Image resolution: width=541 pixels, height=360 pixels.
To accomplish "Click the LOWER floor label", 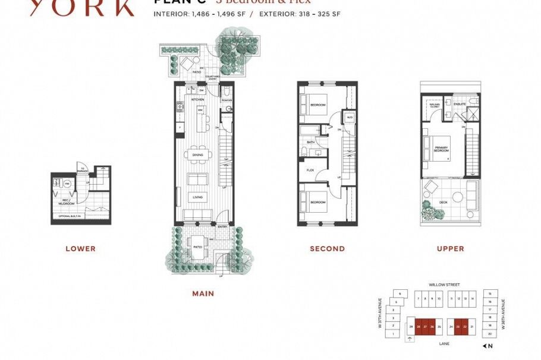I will [x=80, y=249].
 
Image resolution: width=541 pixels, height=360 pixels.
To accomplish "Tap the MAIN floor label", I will [x=203, y=293].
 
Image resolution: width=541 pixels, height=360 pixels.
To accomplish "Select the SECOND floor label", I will [x=327, y=249].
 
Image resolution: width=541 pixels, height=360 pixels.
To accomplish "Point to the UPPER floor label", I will [x=450, y=249].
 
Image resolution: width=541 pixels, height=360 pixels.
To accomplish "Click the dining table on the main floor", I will [x=197, y=155].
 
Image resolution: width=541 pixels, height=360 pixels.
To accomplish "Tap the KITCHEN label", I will [x=197, y=100].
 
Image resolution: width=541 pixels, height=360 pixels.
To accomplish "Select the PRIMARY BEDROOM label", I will [x=441, y=149].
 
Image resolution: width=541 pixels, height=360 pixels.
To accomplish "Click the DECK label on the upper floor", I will [x=443, y=203].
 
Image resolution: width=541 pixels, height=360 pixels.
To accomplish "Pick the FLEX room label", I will [x=310, y=170].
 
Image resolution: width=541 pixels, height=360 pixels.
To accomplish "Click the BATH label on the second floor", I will [x=310, y=143].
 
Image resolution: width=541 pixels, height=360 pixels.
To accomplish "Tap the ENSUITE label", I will [x=460, y=104].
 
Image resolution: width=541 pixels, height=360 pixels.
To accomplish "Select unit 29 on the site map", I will [x=411, y=327].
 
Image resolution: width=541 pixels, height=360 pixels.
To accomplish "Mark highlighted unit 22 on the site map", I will [x=465, y=327].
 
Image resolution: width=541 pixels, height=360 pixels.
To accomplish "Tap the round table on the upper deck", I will [x=457, y=197].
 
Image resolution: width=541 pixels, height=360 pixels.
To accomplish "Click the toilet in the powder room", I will [x=227, y=93].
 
